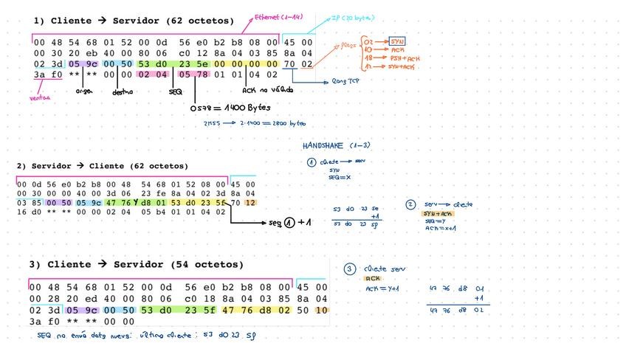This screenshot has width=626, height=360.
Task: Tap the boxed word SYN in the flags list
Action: tap(398, 41)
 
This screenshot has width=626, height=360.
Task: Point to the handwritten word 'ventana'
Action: tap(40, 97)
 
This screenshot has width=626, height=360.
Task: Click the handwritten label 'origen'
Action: tap(84, 91)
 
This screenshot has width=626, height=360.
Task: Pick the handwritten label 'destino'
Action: tap(123, 92)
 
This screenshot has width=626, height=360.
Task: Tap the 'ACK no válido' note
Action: tap(267, 90)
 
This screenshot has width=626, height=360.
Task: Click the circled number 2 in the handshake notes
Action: tap(410, 204)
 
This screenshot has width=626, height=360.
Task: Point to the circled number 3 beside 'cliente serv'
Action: tap(350, 269)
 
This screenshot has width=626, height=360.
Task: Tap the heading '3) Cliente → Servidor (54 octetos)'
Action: tap(136, 264)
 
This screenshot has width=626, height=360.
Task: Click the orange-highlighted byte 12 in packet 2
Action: tap(250, 201)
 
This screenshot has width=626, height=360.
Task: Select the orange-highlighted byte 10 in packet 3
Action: tap(322, 311)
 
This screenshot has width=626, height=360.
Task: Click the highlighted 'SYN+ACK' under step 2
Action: tap(438, 213)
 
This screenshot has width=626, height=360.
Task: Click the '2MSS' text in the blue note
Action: tap(210, 124)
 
